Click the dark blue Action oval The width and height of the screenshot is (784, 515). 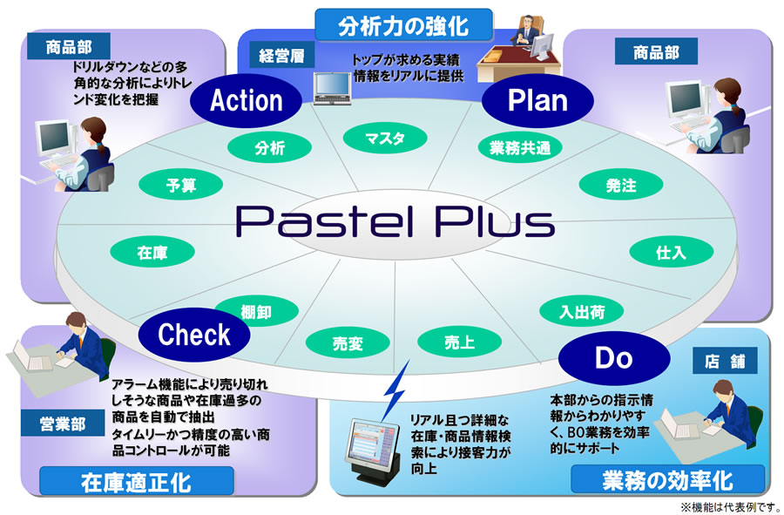coord(247,100)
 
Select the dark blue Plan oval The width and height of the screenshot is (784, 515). coord(537,100)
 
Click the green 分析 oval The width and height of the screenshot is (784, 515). coord(270,148)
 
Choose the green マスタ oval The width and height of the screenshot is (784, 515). coord(383,138)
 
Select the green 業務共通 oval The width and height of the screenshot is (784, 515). coord(514,148)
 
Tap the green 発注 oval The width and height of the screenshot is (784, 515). coord(621,185)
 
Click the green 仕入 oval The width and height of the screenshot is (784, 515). coord(671,254)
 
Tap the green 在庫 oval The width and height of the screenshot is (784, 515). coord(152,254)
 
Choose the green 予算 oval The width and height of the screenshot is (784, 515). coord(181,185)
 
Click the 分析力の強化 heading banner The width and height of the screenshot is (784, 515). coord(403,24)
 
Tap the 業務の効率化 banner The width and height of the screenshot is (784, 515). coord(667,479)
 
